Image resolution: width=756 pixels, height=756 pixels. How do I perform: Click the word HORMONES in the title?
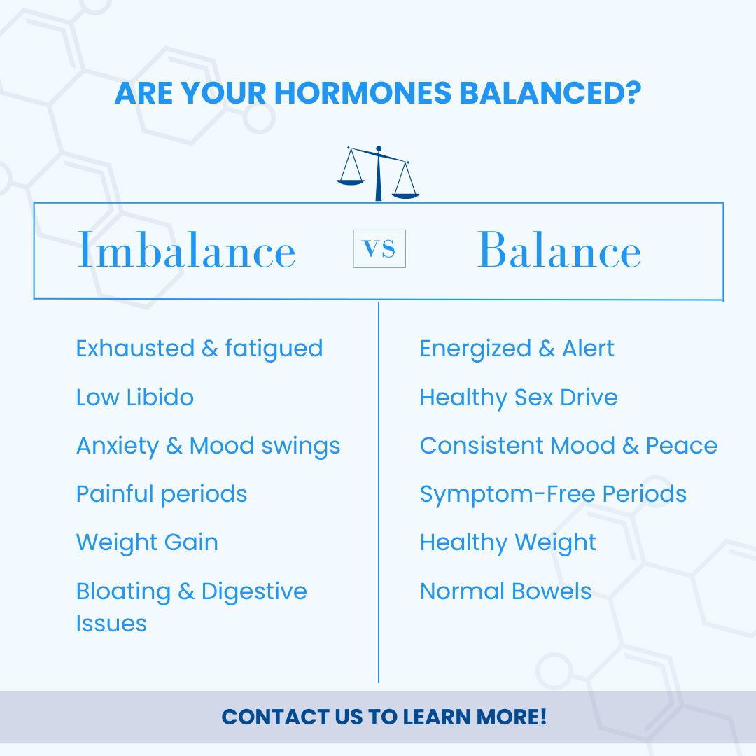(x=363, y=92)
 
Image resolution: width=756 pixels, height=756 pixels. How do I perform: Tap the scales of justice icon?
(x=379, y=174)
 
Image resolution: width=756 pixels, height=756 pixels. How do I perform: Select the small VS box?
(x=379, y=248)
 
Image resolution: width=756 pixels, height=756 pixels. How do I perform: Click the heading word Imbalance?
(x=186, y=249)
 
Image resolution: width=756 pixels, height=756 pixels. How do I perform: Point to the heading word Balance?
(x=559, y=249)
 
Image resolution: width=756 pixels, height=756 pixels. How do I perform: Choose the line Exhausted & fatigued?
(x=199, y=349)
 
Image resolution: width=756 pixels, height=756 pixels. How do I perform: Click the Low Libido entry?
(x=135, y=398)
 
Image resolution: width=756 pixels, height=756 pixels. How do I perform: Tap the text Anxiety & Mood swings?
(x=209, y=447)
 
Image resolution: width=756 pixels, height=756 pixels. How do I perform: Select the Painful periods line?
(x=162, y=495)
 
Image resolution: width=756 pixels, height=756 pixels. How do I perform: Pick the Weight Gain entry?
(x=147, y=542)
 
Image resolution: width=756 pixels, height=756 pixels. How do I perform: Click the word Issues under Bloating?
(x=111, y=623)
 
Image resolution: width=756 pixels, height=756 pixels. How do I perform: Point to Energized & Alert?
(x=517, y=349)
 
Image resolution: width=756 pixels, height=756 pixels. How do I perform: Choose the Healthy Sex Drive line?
(x=519, y=398)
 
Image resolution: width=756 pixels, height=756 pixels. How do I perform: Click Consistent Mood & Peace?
(x=569, y=445)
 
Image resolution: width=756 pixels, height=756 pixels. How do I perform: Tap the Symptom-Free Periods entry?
(x=554, y=495)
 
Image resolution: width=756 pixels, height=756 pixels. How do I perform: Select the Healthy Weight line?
(x=508, y=543)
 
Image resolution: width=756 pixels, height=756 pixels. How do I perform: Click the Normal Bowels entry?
(x=506, y=591)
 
